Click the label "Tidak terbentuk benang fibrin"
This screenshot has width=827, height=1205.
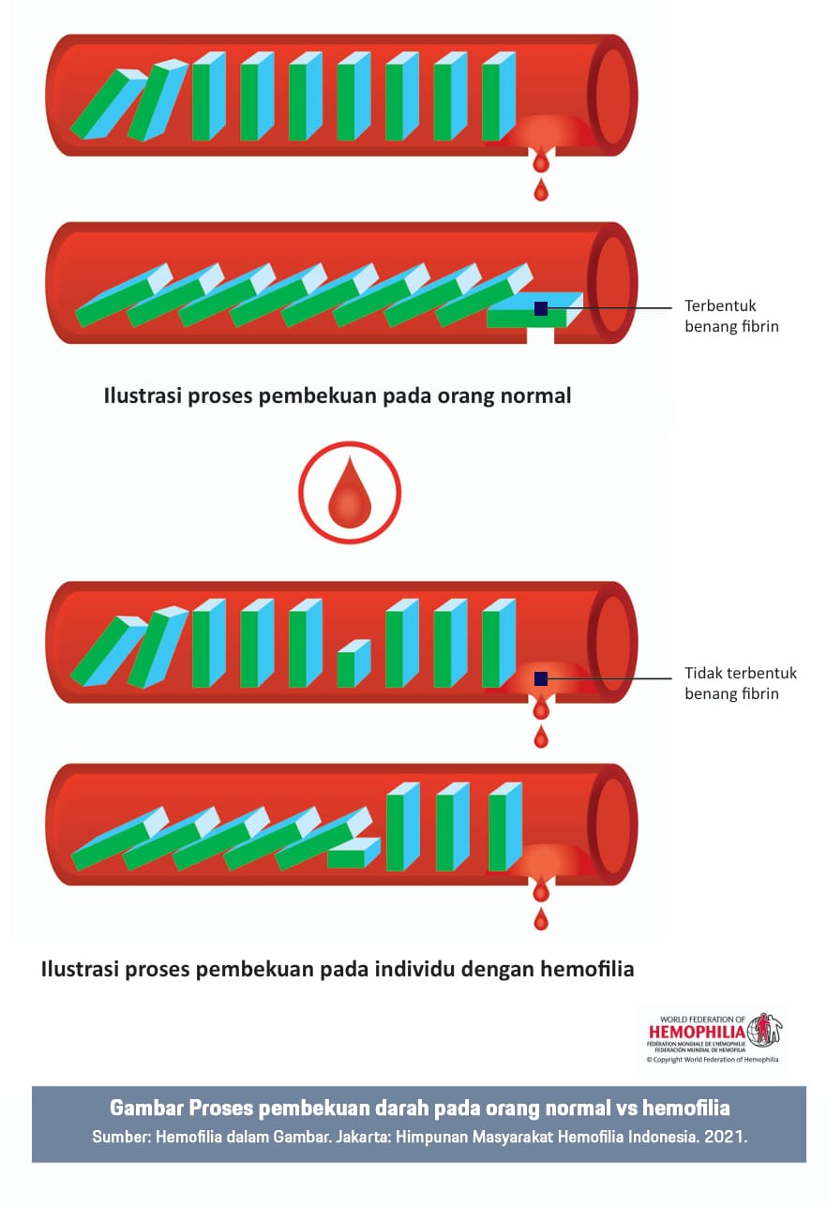pos(740,683)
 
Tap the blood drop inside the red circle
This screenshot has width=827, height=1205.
pos(350,492)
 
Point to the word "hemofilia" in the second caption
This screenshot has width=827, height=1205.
pos(588,969)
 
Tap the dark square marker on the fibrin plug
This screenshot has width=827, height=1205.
pos(541,308)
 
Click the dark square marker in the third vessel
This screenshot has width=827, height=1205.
pos(541,678)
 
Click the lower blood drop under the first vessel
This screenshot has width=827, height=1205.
pos(540,191)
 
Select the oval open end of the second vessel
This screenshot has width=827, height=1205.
pos(614,283)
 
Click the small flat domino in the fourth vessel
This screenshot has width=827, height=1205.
pos(353,854)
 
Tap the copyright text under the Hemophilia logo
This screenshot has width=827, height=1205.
pos(713,1060)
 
